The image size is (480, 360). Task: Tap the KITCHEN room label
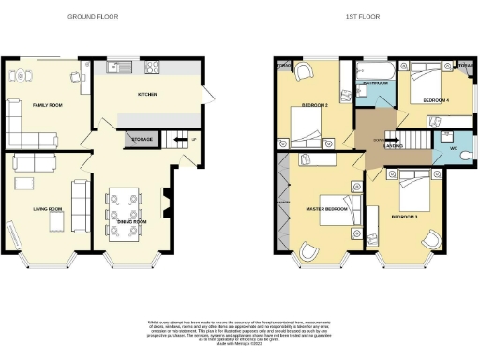147,95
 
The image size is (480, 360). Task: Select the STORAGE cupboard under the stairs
142,140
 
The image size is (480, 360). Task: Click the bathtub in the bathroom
376,70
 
